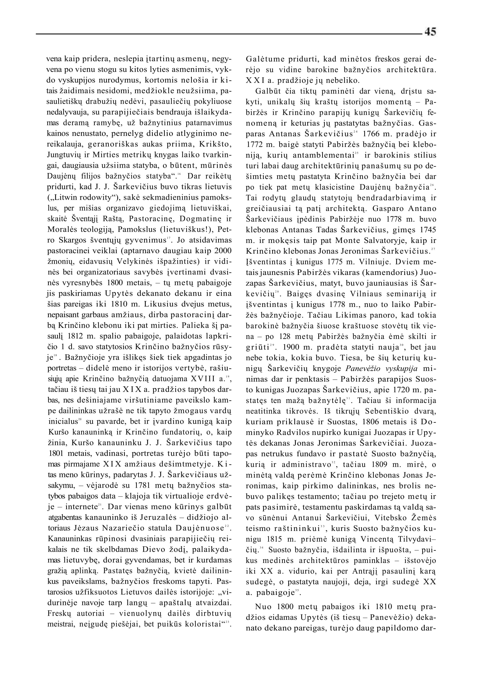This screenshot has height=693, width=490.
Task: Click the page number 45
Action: point(430,32)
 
